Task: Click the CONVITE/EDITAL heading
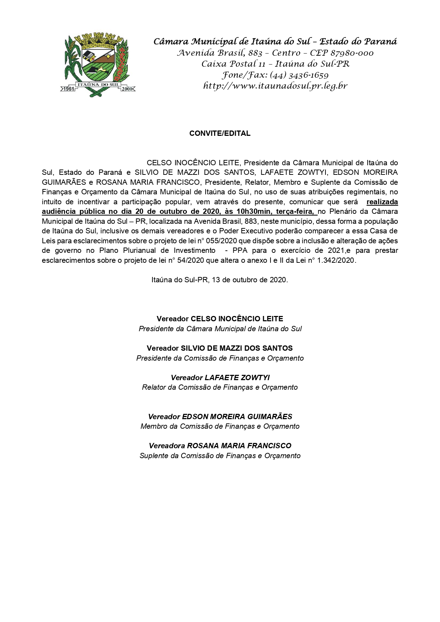(220, 133)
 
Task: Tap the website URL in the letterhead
(275, 86)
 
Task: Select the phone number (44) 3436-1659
(299, 75)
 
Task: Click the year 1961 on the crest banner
(68, 89)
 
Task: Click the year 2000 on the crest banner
(127, 89)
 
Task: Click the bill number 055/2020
(210, 241)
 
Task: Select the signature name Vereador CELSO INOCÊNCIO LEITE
(220, 319)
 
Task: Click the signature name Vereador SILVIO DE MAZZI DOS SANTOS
(220, 348)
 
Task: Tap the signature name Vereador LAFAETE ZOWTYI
(220, 378)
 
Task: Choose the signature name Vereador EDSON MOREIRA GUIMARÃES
(220, 417)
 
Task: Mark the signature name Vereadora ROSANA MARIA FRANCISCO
(220, 446)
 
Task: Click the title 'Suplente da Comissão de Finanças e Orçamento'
(220, 456)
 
